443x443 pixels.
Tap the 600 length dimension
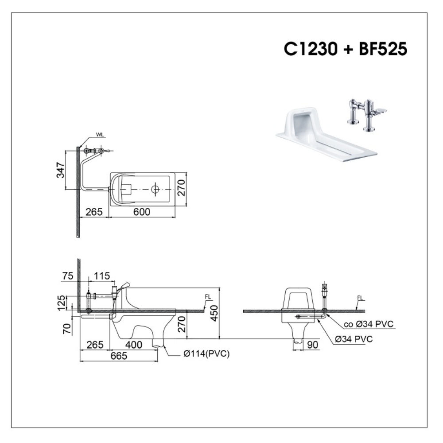pos(142,212)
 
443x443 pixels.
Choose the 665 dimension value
pos(118,356)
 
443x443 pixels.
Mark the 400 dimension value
pos(133,345)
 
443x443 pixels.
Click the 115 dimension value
pos(102,276)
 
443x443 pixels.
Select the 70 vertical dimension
pos(67,328)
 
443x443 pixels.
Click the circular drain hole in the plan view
pos(155,189)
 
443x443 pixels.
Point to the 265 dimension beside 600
pos(94,212)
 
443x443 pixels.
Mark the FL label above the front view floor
pos(361,299)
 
